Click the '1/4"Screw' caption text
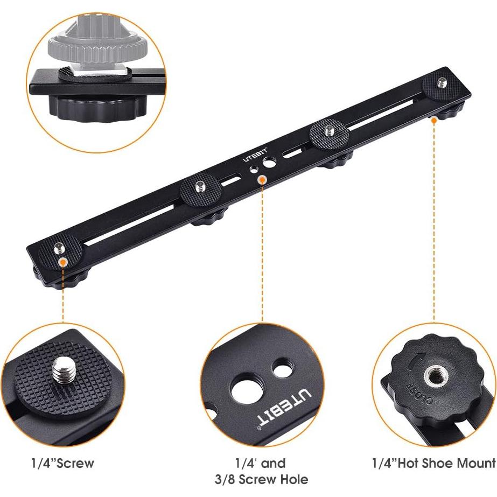click(x=62, y=463)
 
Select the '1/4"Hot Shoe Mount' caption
click(x=433, y=463)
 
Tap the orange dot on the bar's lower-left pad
click(x=64, y=262)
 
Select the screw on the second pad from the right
click(x=329, y=129)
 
